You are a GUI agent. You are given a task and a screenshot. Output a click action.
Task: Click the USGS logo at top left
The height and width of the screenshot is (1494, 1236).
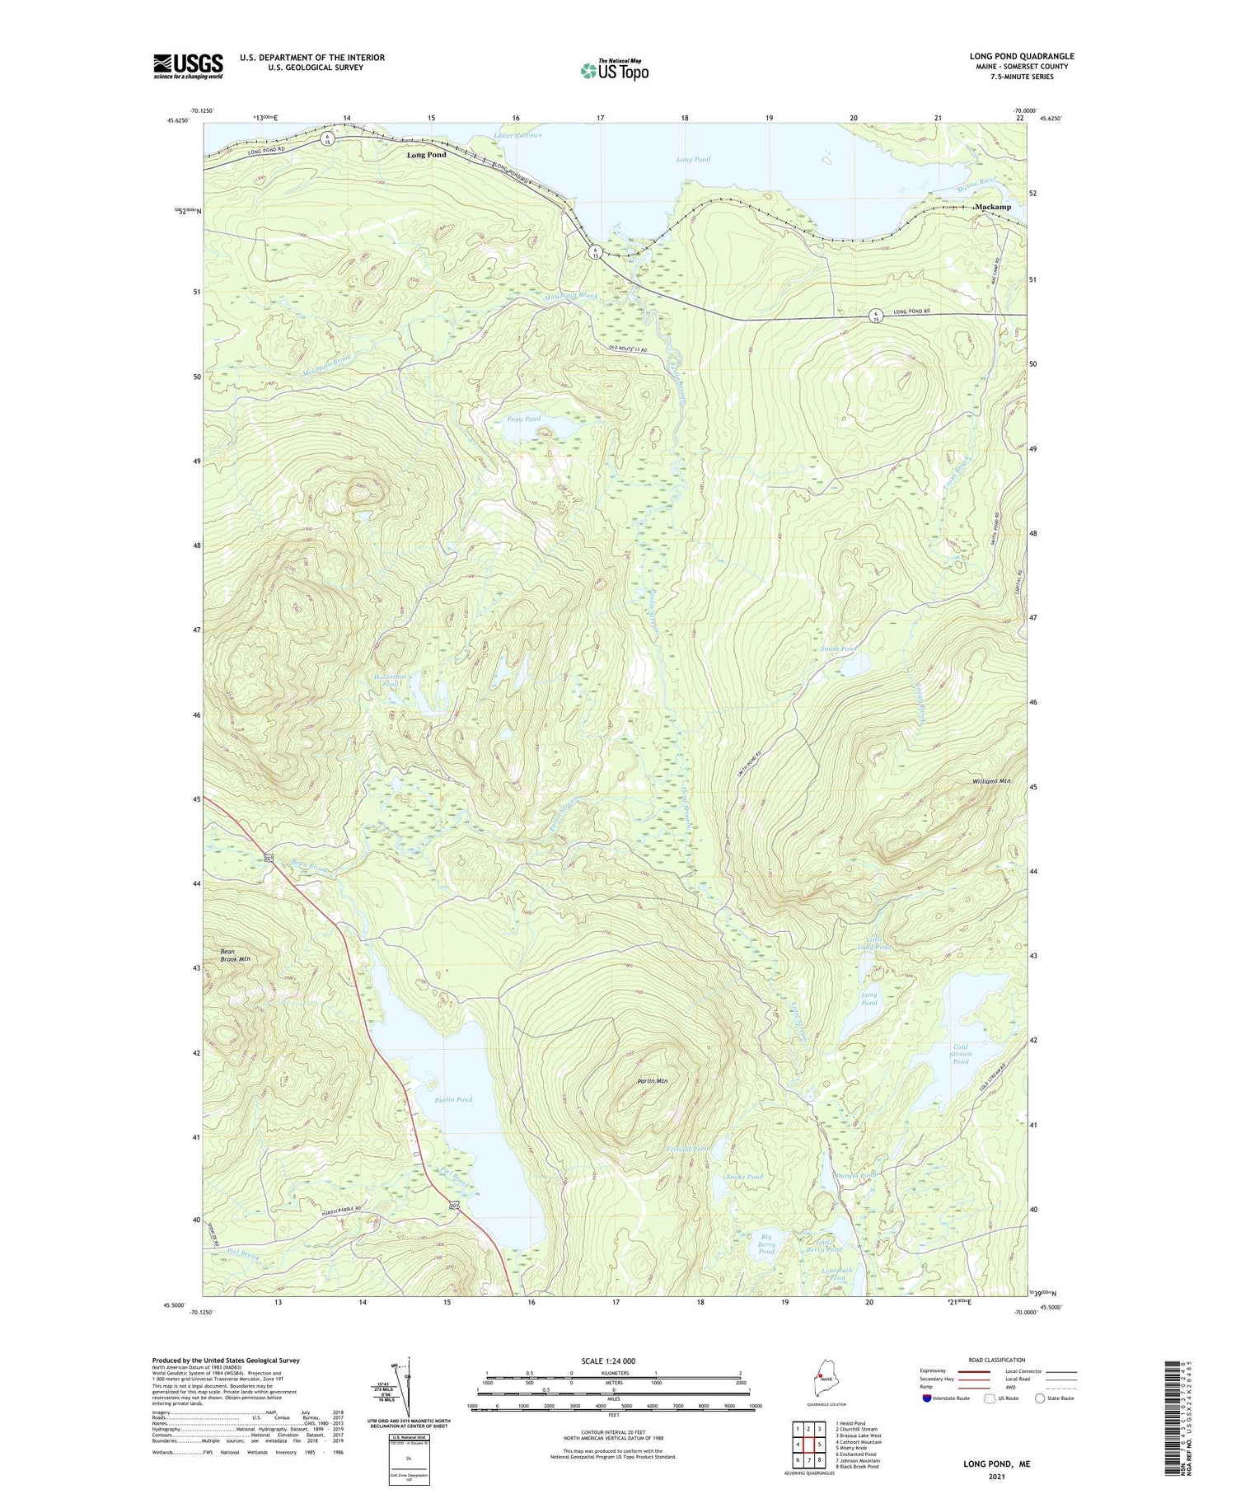point(188,66)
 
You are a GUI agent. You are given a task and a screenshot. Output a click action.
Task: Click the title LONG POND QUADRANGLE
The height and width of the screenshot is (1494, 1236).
point(1021,57)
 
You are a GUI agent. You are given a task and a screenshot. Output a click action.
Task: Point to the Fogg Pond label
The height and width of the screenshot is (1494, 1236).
point(523,419)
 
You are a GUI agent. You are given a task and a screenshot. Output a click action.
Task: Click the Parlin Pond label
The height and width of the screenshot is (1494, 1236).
point(453,1099)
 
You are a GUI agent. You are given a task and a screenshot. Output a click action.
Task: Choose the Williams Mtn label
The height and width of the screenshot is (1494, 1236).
point(990,781)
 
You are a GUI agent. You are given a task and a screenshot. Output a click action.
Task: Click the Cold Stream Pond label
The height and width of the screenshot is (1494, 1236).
point(961,1053)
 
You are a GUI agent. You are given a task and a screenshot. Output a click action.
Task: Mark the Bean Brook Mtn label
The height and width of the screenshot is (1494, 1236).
point(235,955)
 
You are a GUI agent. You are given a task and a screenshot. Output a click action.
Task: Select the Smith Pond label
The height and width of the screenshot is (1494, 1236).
point(838,649)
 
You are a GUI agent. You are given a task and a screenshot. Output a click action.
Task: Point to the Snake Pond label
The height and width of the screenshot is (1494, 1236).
point(745,1177)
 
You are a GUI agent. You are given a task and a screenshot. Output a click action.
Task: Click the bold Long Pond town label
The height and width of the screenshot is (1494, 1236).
point(426,155)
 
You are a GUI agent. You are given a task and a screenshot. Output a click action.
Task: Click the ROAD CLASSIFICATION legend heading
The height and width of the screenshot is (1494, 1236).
point(997,1360)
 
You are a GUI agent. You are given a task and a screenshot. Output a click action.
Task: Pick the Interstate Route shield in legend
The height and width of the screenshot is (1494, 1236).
point(928,1398)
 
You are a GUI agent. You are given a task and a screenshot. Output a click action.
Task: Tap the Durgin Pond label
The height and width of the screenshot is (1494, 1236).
point(855,1175)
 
